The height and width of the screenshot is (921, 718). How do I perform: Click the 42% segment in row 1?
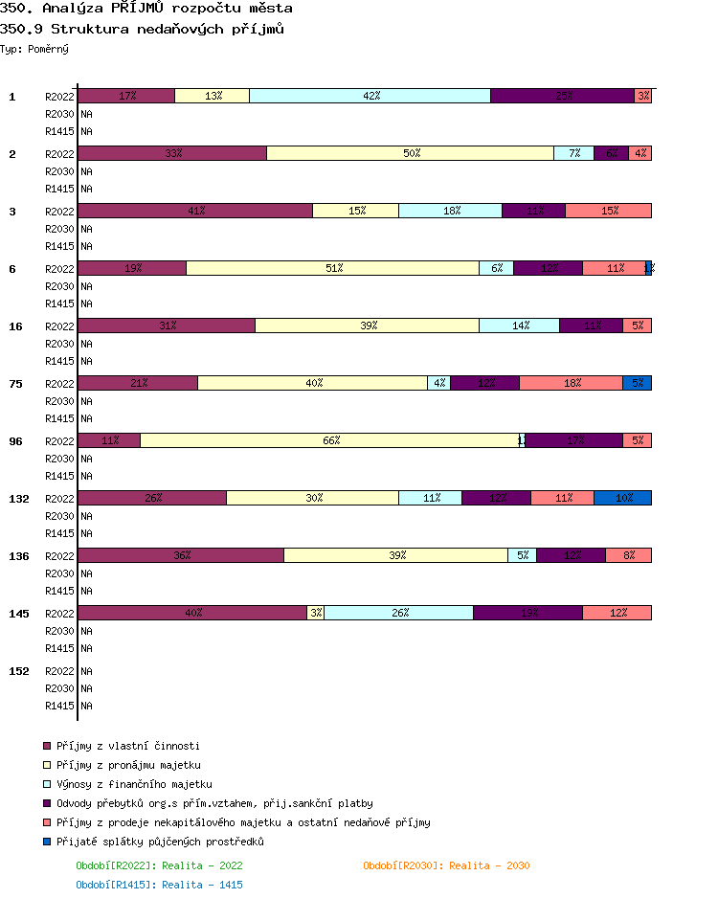[370, 96]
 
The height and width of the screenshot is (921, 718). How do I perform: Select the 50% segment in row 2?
[411, 153]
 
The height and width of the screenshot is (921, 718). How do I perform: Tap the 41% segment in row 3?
[195, 211]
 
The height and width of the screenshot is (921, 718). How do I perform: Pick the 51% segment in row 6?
[333, 268]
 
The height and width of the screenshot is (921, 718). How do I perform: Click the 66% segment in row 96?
[331, 440]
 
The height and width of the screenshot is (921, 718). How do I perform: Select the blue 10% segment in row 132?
[623, 498]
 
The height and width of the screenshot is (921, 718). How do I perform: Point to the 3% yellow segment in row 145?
[316, 613]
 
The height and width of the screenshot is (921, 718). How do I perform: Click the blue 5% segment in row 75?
[638, 383]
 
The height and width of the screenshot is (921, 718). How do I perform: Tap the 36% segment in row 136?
[181, 555]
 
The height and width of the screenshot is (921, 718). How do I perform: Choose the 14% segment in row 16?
[520, 326]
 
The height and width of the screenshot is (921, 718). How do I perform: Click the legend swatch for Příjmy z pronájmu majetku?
[46, 765]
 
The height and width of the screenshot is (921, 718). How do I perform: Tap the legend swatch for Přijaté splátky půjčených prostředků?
[46, 842]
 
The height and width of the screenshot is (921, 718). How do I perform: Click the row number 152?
[19, 671]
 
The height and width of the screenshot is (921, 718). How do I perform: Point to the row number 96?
[16, 441]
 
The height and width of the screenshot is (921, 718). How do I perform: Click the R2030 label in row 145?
[59, 631]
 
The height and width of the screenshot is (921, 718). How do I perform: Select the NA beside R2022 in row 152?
[86, 671]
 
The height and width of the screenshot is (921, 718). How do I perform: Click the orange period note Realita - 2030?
[446, 865]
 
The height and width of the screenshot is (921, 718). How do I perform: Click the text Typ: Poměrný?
[34, 48]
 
